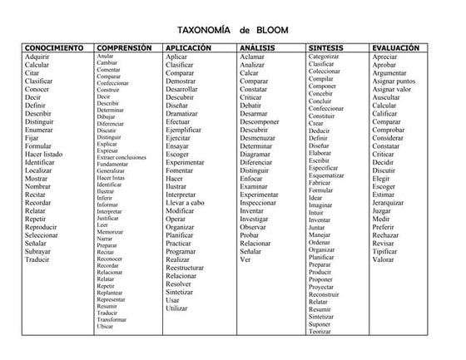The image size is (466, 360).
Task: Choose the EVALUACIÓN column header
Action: pos(402,48)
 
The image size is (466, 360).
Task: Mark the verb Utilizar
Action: pos(177,308)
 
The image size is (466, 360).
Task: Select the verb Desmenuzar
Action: pos(261,138)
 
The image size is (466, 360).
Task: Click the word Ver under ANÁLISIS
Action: pos(245,259)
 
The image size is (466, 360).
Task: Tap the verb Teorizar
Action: pos(320,332)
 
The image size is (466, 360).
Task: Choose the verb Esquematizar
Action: pos(326,175)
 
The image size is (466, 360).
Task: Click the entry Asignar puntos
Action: pos(394,81)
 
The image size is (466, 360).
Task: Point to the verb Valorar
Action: pos(384,259)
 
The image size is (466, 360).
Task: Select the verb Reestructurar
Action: pos(190,268)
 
